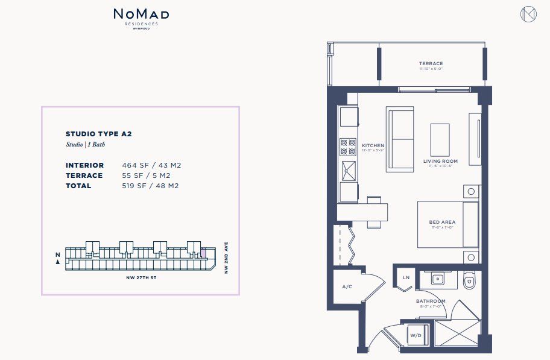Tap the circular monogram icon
pos(528,14)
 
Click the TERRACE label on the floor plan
pos(431,63)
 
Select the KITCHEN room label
pos(373,146)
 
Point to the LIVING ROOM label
pos(440,161)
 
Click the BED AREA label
pos(442,222)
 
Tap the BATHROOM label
pos(431,301)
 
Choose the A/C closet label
pos(347,286)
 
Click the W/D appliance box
pos(416,335)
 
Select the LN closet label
pos(405,277)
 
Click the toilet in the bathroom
pos(469,281)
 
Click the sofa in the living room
pos(400,140)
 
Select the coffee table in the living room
pos(440,139)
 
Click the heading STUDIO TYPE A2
pos(98,134)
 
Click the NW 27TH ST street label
pos(141,278)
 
